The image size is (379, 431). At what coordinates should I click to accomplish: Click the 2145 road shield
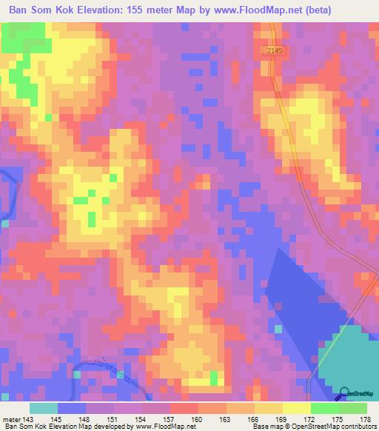pos(273,50)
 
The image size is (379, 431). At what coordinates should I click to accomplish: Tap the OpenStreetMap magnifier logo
pos(346,395)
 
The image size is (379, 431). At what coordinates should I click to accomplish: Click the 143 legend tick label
pos(28,420)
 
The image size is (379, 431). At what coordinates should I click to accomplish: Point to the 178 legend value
pos(366,420)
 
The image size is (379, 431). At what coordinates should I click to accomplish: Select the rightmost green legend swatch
pos(352,408)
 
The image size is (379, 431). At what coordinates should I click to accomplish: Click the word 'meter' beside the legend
pos(10,420)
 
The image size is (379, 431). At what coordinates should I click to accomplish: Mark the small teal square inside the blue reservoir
pos(278,328)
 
